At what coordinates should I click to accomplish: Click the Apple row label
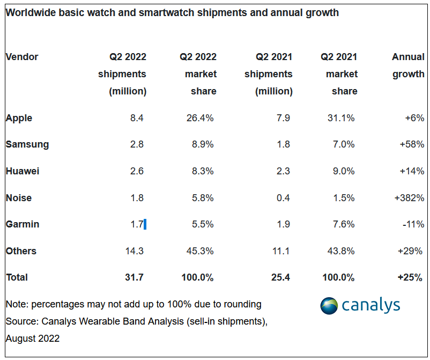[19, 118]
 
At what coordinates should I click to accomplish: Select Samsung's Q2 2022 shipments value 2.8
[137, 144]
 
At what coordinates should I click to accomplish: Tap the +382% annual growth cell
[409, 198]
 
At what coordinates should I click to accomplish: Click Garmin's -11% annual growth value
[413, 224]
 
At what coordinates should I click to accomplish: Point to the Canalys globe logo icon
[329, 305]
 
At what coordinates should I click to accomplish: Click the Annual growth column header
[408, 65]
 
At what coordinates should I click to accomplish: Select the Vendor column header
[22, 57]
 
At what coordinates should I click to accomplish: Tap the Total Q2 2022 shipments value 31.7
[134, 277]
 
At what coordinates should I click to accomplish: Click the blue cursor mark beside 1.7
[145, 224]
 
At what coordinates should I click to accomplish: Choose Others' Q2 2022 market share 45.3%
[199, 251]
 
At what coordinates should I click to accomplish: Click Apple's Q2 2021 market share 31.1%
[342, 118]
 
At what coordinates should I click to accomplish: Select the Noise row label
[19, 198]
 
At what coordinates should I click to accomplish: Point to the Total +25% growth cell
[410, 277]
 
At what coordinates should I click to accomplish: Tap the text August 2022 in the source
[33, 339]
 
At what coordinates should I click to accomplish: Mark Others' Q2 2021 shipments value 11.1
[281, 251]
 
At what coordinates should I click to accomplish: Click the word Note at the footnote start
[16, 304]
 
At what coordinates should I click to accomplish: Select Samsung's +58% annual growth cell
[412, 144]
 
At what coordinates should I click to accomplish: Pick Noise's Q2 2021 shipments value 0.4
[283, 198]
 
